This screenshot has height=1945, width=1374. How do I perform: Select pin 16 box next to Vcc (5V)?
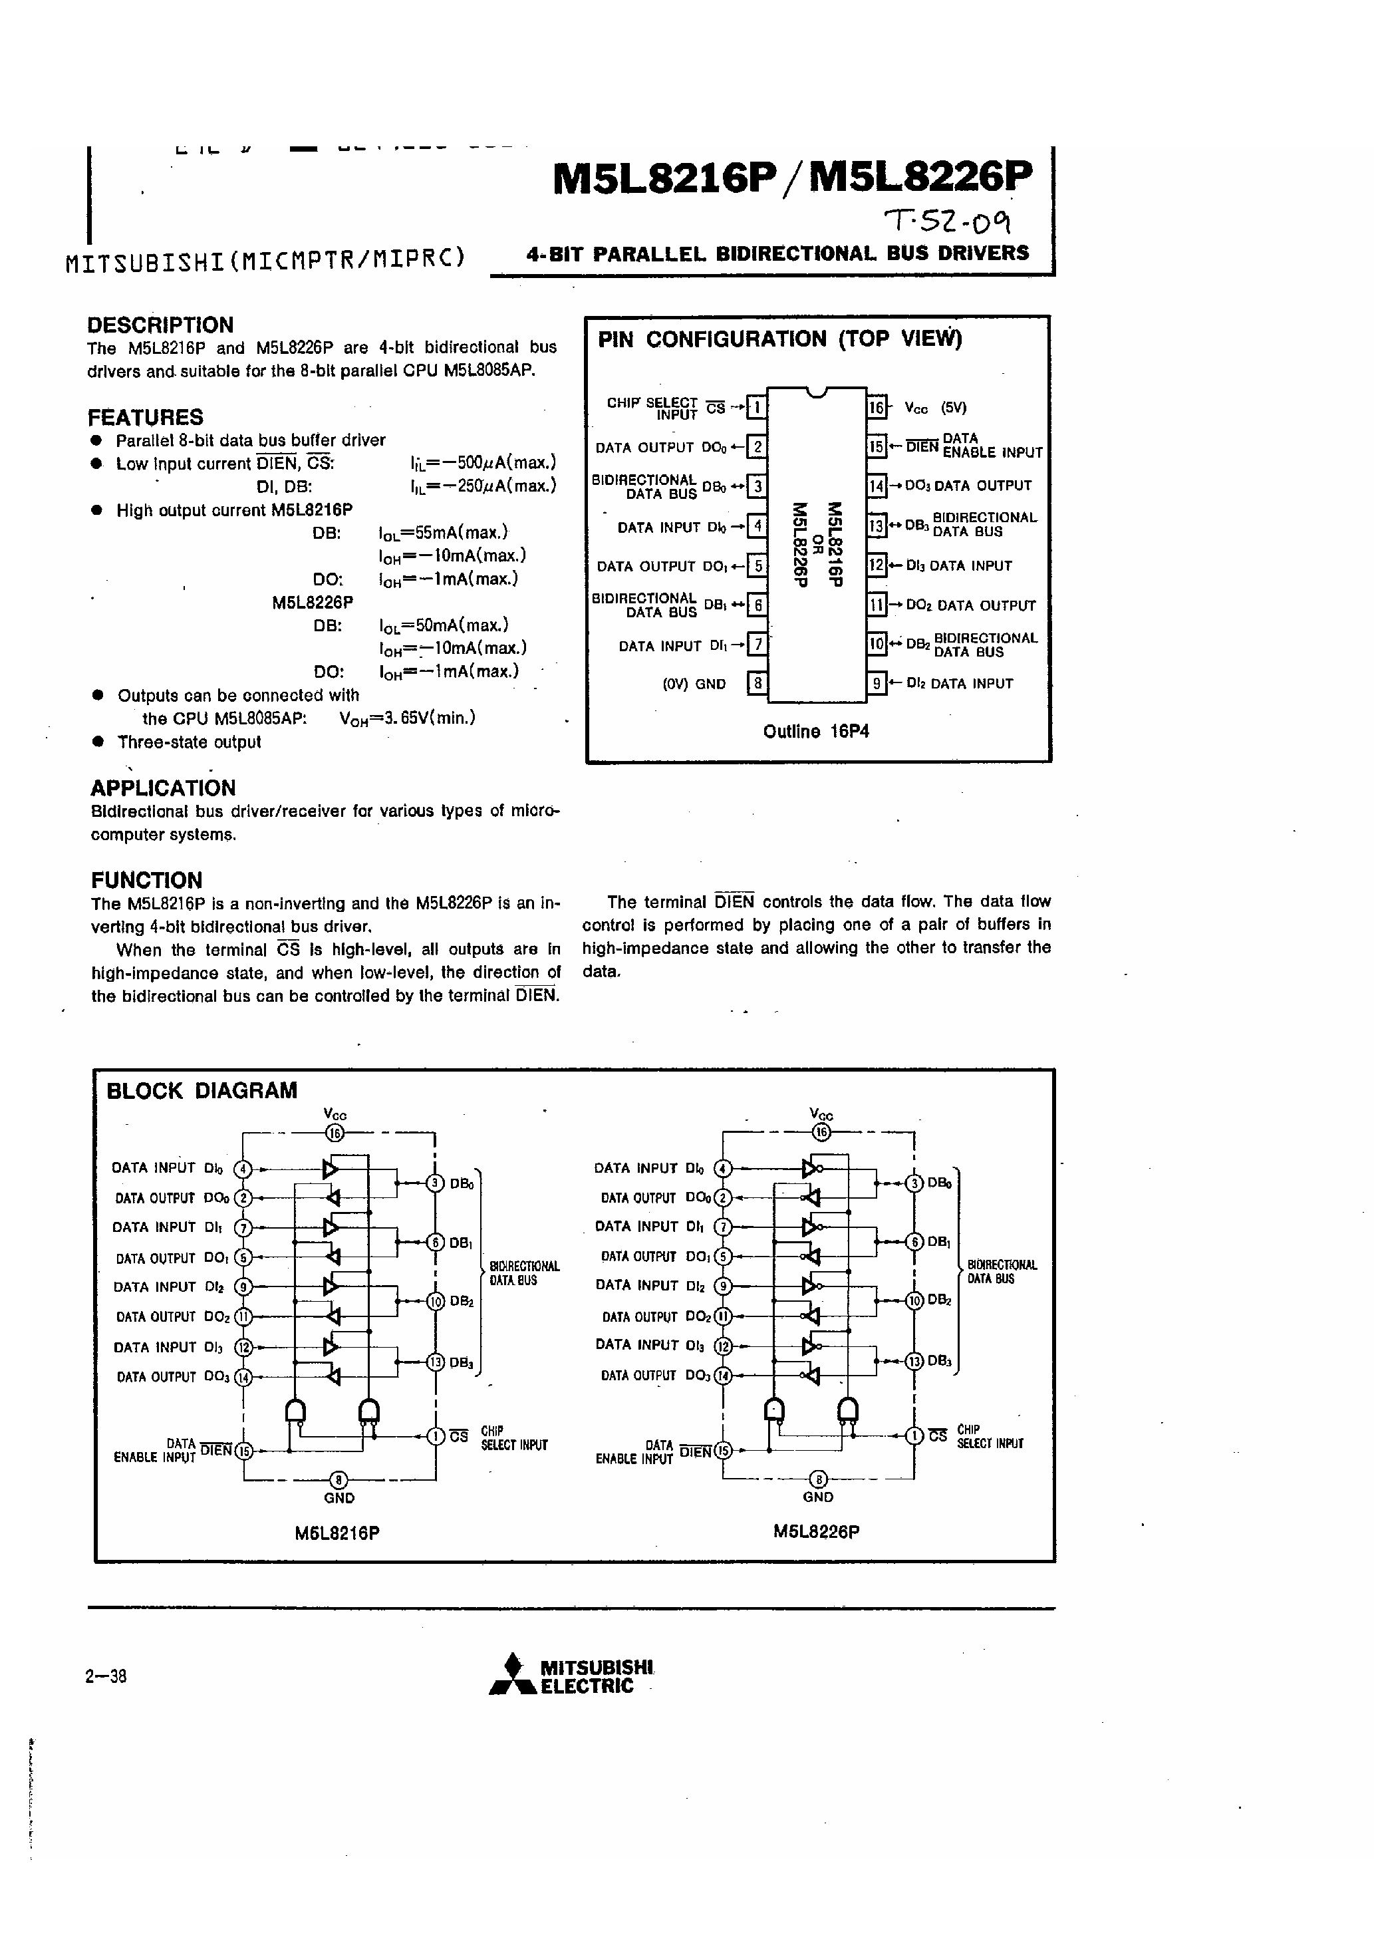tap(876, 408)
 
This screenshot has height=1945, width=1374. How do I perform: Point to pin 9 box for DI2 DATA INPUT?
tap(876, 682)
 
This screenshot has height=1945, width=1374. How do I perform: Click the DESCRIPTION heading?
tap(160, 325)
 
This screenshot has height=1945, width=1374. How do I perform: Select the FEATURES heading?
tap(146, 418)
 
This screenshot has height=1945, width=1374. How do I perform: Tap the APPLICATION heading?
tap(164, 788)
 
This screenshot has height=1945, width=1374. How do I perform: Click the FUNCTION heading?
tap(146, 880)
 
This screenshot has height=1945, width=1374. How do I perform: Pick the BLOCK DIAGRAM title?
tap(202, 1090)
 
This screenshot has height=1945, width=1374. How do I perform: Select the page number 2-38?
tap(106, 1676)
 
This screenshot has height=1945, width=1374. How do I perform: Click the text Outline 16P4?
tap(816, 731)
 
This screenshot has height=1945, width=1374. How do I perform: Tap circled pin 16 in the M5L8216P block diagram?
tap(335, 1133)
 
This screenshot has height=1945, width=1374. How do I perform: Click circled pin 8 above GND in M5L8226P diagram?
tap(818, 1479)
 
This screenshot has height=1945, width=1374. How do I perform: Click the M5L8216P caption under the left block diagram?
tap(337, 1533)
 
